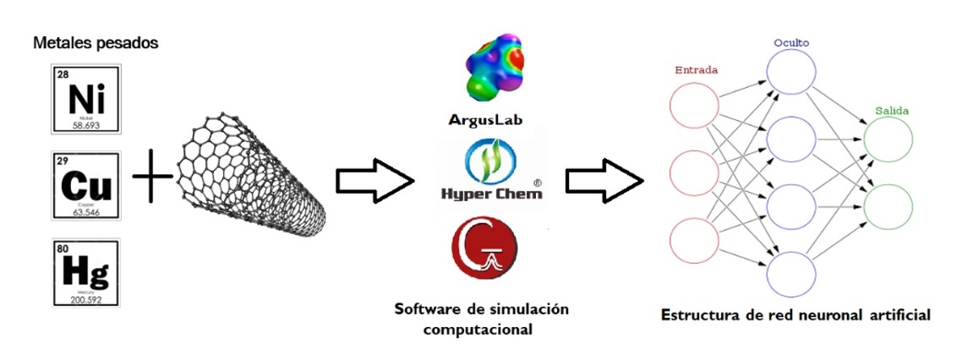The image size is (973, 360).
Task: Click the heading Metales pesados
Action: click(95, 43)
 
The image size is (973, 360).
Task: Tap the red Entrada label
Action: click(696, 70)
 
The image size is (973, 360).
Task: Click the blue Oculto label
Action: click(791, 41)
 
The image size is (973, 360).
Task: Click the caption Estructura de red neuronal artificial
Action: click(795, 315)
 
